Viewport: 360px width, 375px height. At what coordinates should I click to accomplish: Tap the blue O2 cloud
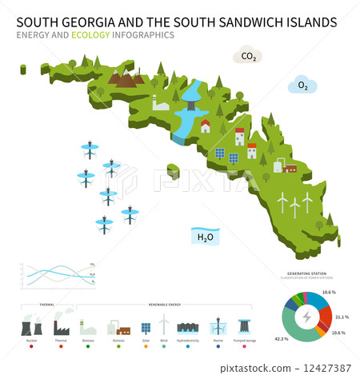(x=303, y=86)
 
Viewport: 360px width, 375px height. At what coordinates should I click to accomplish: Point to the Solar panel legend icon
(x=146, y=327)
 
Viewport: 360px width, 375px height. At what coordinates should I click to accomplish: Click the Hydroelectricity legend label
(x=189, y=341)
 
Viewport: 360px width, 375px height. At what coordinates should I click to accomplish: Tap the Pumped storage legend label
(x=243, y=341)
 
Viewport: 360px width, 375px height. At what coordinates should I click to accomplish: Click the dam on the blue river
(x=190, y=102)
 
